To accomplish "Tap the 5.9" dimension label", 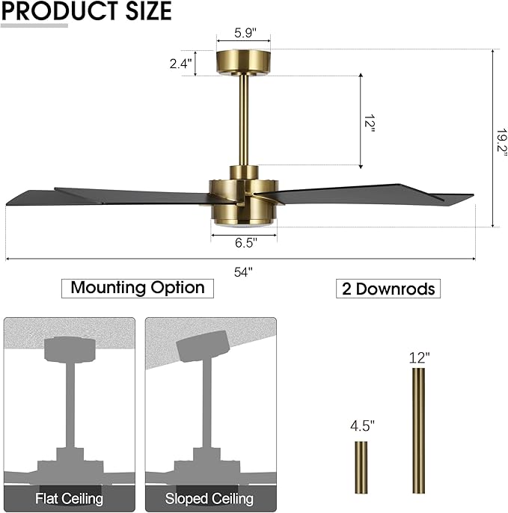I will point(243,33).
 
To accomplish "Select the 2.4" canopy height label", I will point(181,64).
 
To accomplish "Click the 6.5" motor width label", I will point(244,243).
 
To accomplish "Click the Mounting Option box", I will point(138,287).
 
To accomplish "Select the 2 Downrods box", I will point(388,289).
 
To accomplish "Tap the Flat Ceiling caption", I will point(69,498).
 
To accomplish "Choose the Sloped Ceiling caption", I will point(210,498).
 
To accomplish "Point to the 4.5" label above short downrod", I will point(362,426).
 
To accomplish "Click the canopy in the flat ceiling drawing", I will point(70,348).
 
